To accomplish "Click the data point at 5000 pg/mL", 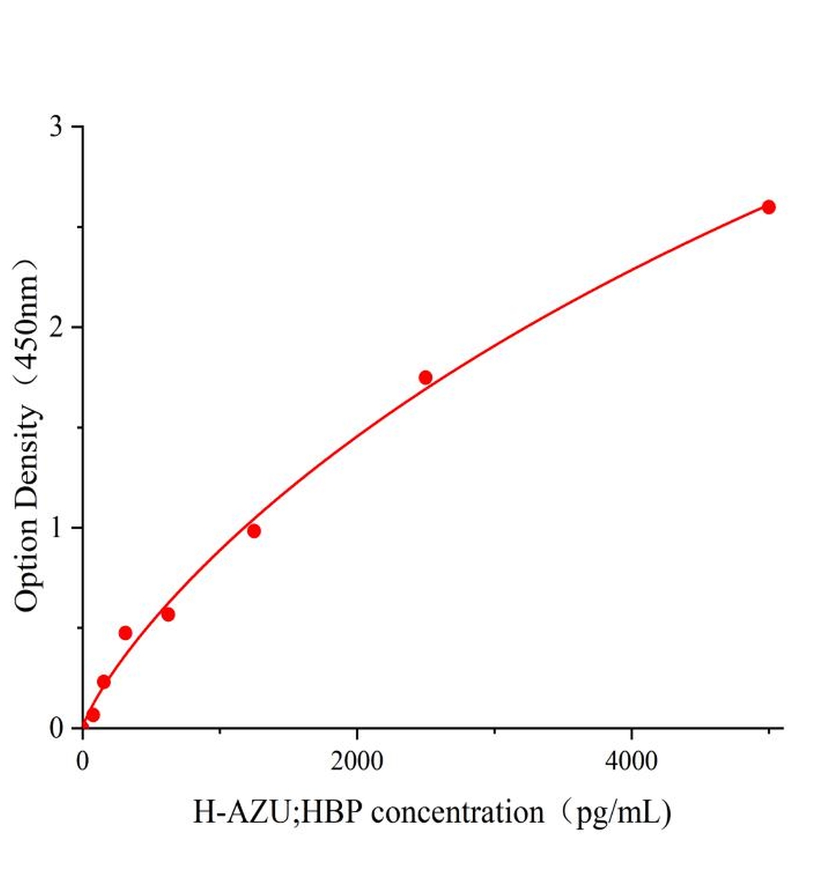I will coord(768,207).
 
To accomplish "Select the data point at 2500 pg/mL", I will coord(425,377).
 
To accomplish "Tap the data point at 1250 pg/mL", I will coord(254,531).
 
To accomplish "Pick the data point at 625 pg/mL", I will coord(168,615).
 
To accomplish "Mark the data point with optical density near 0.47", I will coord(126,633).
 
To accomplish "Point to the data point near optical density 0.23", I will coord(104,682).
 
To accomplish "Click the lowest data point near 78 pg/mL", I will coord(93,715).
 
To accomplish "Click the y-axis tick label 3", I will coord(56,127).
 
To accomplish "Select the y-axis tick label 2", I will coord(56,327).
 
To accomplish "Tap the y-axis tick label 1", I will coord(56,528).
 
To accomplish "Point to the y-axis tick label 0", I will coord(56,728).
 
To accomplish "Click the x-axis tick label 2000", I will coord(357,761).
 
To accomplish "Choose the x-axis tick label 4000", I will coord(631,761).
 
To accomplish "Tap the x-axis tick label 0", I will coord(83,761).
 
